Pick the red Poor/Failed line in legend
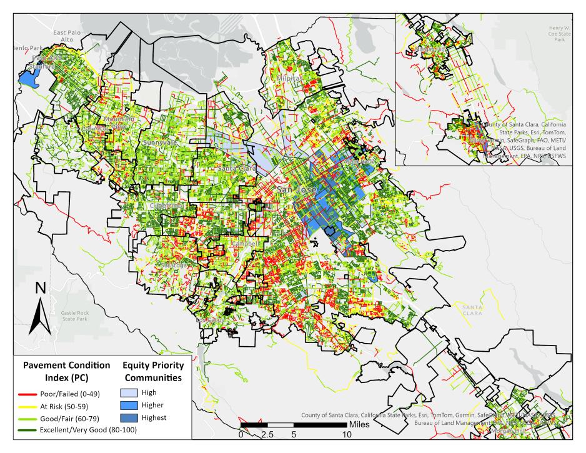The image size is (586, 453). pos(29,394)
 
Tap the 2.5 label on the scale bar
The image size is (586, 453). pos(267,434)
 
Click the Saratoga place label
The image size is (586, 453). pos(174,266)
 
